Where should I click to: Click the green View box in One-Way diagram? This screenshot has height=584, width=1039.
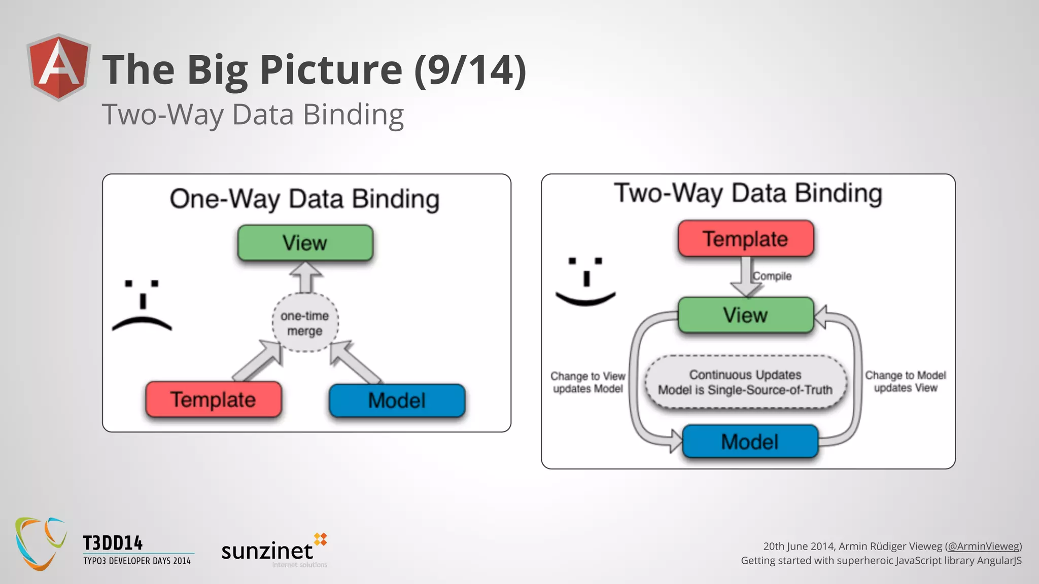pos(305,243)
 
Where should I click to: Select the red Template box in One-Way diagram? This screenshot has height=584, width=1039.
pos(213,399)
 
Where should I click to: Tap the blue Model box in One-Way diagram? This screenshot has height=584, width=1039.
pos(397,400)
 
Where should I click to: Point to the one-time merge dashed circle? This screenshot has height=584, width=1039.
pos(305,323)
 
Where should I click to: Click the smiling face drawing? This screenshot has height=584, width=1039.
pos(586,282)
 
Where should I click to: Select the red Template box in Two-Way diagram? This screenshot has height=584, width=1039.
pos(745,239)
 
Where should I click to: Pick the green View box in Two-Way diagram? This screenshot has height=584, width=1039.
pos(745,315)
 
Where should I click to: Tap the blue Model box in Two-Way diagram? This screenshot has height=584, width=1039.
pos(750,442)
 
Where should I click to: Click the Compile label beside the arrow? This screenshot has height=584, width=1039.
pos(772,276)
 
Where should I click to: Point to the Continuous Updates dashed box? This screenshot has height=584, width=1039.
pos(745,382)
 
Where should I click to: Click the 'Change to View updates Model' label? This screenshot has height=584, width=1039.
pos(588,382)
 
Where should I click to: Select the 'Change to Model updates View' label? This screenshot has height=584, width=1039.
pos(906,381)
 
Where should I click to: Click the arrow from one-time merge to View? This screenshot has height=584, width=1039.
pos(305,277)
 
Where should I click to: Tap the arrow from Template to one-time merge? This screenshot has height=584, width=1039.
pos(258,361)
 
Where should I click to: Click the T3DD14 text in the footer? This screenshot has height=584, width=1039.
pos(113,543)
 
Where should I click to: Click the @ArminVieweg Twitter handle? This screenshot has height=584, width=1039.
pos(983,546)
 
